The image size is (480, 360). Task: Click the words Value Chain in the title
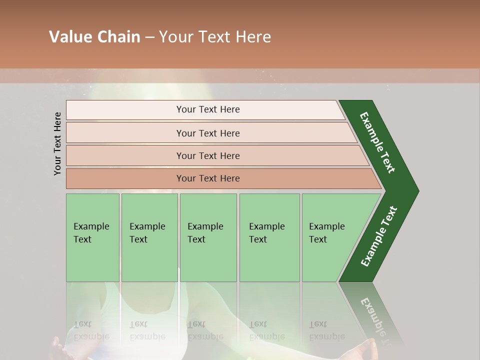pos(94,37)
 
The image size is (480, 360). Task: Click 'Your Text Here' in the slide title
pos(215,37)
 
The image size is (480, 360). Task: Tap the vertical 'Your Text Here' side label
pos(58,143)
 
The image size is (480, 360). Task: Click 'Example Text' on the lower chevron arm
pos(378,236)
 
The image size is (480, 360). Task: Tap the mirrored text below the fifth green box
pos(326,330)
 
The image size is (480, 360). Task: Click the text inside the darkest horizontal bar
pos(208,178)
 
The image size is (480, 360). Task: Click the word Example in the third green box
pos(205,226)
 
